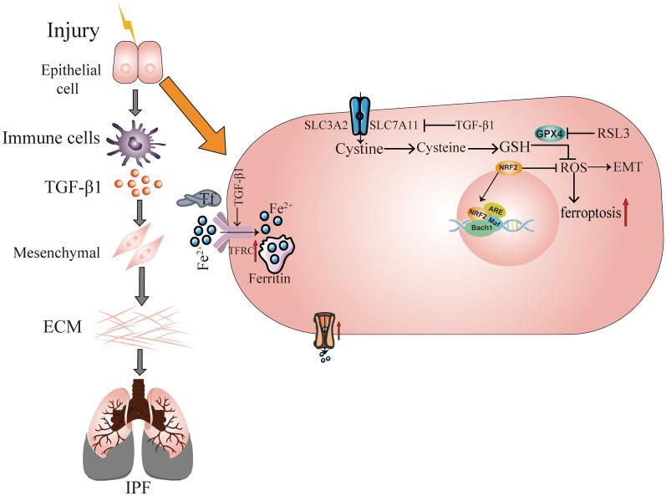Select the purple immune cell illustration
(x=138, y=136)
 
